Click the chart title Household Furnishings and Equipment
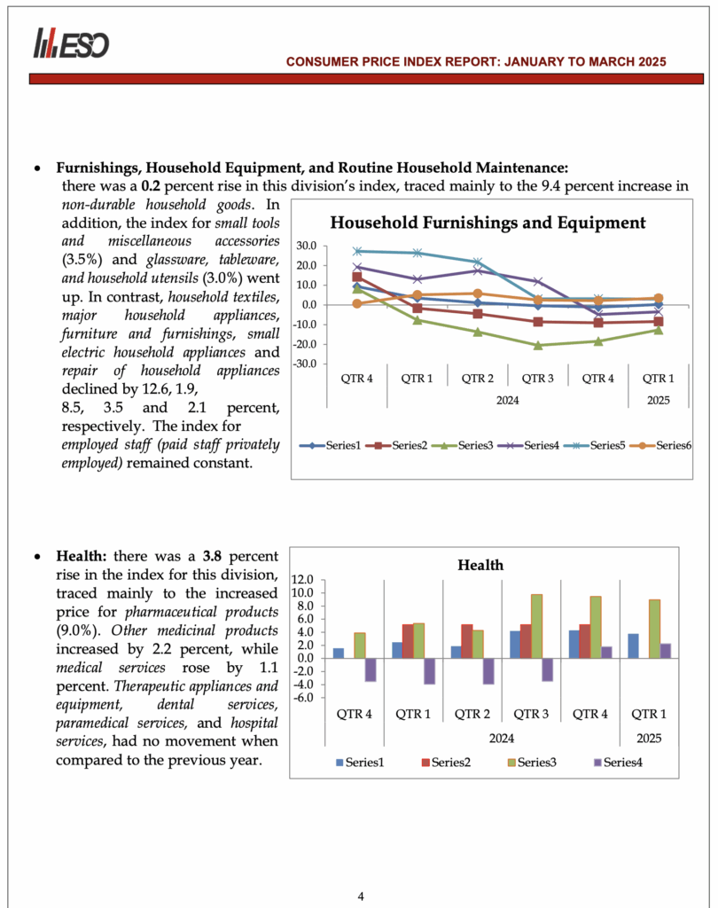pos(488,223)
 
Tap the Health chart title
pos(480,565)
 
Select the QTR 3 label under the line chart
pos(537,379)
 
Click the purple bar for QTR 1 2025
pos(666,651)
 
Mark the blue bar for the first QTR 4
pos(339,654)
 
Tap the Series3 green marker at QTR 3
pos(537,345)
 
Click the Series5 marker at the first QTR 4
pos(357,251)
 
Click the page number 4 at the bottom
pos(361,896)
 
